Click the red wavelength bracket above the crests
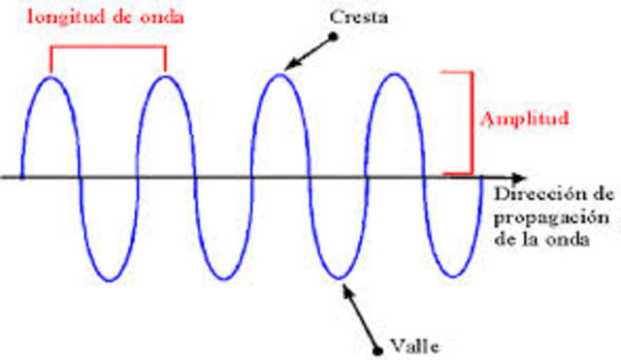[x=108, y=49]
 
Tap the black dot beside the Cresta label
[x=333, y=37]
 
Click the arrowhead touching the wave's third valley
[x=343, y=282]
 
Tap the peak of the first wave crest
[x=50, y=75]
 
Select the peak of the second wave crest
[x=165, y=75]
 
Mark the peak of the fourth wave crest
[x=394, y=75]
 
